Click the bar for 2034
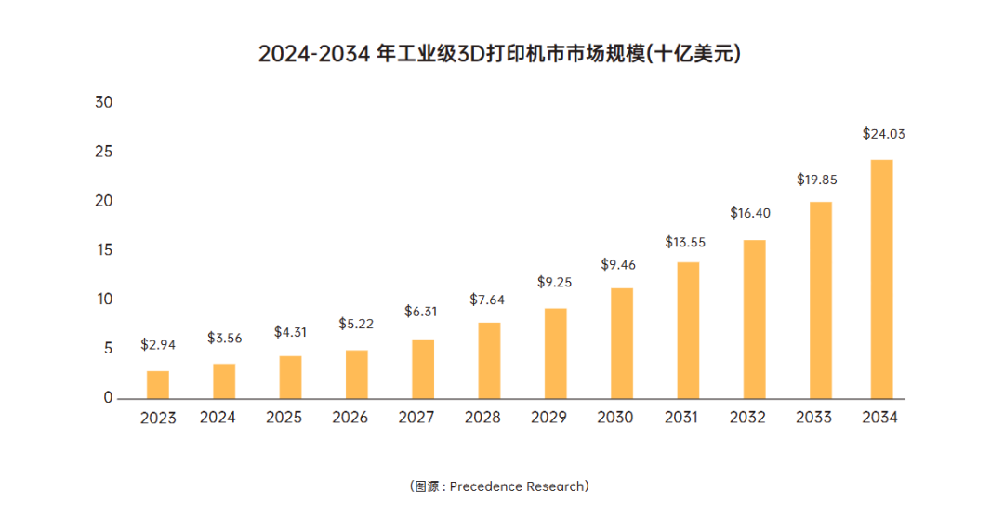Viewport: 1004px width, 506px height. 880,279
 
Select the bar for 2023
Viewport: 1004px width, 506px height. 158,384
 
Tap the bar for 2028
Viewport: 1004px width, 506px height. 489,360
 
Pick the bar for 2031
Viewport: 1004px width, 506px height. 688,330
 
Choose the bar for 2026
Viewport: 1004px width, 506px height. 356,374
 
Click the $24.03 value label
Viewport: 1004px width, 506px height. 883,134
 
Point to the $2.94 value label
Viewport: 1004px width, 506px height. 158,344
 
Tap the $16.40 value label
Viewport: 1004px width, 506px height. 750,213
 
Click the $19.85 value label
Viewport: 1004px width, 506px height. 817,180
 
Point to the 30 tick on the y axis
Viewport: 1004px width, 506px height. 103,102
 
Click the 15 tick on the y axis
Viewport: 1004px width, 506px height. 103,250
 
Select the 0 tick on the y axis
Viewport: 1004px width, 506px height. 108,398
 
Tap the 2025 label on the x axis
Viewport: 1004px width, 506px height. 284,418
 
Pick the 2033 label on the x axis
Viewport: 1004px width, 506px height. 813,418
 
